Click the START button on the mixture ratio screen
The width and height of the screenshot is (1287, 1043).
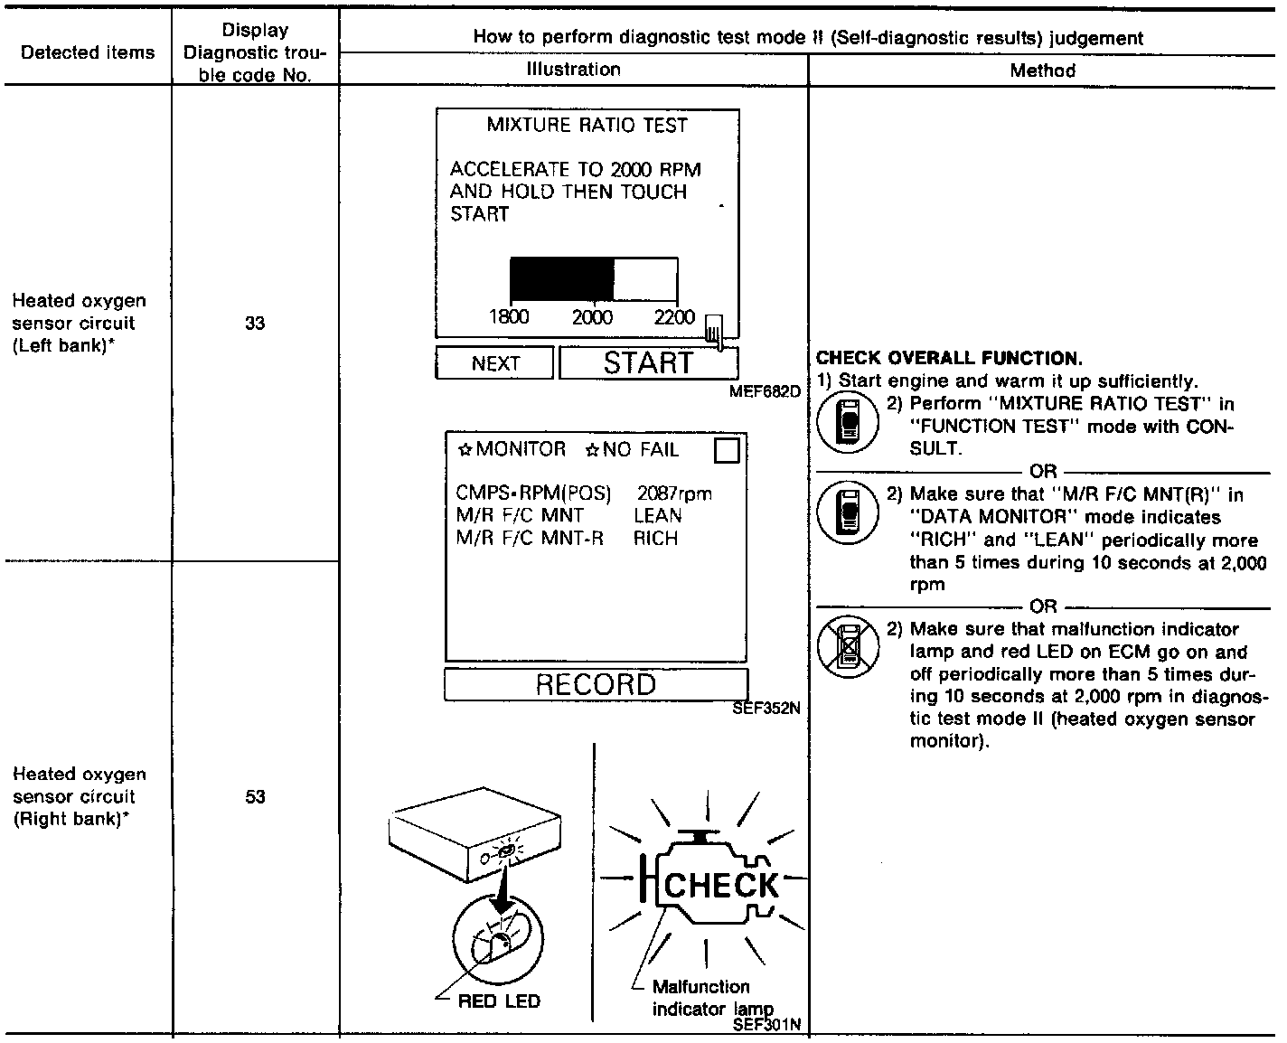(648, 363)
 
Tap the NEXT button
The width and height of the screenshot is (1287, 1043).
(494, 363)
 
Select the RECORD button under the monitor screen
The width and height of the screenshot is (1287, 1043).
(596, 684)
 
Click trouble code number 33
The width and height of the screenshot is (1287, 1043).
(255, 324)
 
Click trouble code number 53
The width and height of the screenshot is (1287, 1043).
(255, 797)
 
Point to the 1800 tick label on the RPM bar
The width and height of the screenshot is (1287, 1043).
(508, 317)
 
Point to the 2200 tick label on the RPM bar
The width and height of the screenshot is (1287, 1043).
(674, 317)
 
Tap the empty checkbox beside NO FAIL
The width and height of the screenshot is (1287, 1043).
(727, 450)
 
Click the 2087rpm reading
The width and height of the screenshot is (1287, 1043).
(674, 493)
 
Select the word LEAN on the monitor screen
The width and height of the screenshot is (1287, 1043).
(658, 516)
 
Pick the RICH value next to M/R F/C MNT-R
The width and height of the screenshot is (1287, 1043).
(655, 539)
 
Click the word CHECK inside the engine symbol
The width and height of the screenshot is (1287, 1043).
(721, 886)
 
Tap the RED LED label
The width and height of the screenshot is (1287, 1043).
(499, 1001)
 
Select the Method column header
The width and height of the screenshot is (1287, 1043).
(1042, 70)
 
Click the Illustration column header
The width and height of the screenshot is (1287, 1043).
(573, 70)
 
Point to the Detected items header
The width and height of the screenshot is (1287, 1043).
(88, 52)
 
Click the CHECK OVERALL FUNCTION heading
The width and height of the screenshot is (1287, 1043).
(949, 359)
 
